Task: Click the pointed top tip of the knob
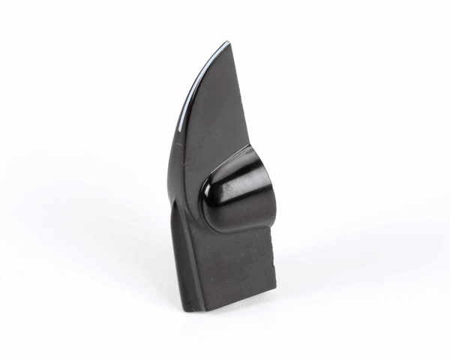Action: click(x=226, y=43)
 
